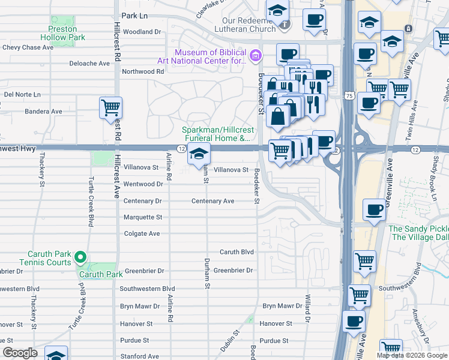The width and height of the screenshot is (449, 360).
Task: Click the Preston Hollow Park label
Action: coord(62,33)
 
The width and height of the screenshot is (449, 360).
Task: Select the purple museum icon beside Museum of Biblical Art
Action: coord(255,56)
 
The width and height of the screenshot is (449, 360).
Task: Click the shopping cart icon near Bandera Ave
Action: coord(110,108)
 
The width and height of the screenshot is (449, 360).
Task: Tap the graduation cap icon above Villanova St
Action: coord(199,154)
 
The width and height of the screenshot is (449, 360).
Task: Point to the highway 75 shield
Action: coord(349,95)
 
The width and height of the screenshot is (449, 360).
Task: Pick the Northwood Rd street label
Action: coord(143,71)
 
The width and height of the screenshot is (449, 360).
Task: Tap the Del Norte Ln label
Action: coord(22,94)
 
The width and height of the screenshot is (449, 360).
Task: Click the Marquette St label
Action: coord(143,217)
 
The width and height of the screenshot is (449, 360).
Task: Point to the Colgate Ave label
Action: coord(142,233)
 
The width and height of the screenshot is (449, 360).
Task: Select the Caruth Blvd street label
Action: coord(237,252)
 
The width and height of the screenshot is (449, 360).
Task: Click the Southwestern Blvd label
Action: coord(147,289)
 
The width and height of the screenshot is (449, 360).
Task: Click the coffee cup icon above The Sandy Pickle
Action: coord(375,209)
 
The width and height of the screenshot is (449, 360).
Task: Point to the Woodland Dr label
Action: coord(142,31)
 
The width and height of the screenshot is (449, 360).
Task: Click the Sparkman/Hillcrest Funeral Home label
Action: coord(216,134)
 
